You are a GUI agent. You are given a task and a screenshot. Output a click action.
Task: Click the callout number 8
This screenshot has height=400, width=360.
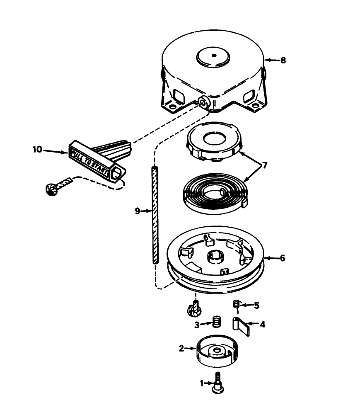(x=283, y=60)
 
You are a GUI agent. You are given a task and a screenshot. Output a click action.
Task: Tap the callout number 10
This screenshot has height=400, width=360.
(x=37, y=149)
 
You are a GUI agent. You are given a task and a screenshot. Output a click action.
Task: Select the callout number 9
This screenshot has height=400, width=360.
(x=137, y=211)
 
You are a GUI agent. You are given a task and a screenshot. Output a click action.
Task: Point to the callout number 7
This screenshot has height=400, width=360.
(x=265, y=165)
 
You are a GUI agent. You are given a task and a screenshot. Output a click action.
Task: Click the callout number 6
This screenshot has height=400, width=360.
(x=282, y=258)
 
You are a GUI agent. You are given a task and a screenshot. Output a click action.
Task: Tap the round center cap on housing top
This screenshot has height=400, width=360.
(x=214, y=56)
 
